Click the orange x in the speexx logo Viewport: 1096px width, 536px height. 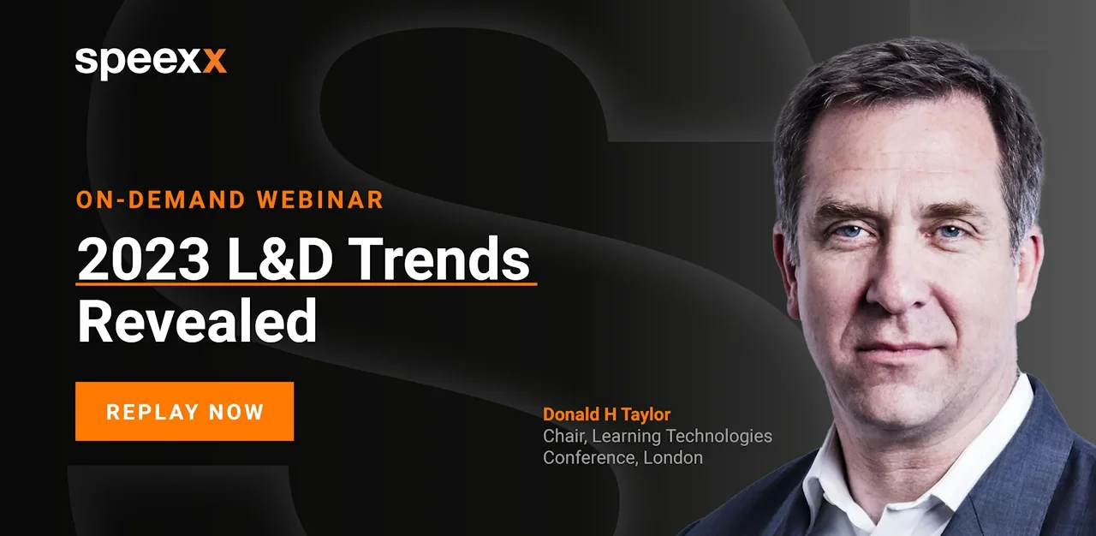tap(214, 61)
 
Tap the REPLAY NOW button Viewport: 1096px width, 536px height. tap(184, 411)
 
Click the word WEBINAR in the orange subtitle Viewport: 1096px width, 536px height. tap(320, 200)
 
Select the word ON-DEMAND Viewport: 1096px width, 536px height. tap(161, 200)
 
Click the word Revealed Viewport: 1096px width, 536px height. tap(197, 320)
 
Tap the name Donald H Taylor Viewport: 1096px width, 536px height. tap(607, 414)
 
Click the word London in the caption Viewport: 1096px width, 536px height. tap(673, 458)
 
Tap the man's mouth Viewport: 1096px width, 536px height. tap(899, 349)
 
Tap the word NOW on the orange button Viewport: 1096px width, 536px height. tap(236, 412)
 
